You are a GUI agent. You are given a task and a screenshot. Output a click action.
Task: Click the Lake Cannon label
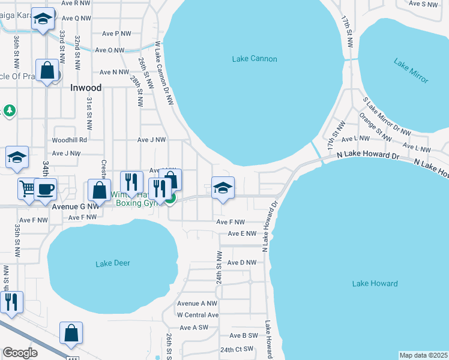255,59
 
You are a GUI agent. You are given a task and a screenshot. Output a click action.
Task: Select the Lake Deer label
113,263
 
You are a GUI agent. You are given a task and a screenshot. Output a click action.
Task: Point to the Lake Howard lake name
375,284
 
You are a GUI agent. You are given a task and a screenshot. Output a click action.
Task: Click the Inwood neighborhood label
86,88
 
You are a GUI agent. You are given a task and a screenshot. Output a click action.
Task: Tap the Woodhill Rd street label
70,140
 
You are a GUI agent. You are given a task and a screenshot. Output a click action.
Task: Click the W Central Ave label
197,314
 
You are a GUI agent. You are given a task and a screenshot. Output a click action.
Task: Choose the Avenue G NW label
75,206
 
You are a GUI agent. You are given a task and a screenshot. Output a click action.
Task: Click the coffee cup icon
46,190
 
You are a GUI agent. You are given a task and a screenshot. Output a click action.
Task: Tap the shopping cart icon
26,190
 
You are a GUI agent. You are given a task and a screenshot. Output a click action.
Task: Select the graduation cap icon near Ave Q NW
43,19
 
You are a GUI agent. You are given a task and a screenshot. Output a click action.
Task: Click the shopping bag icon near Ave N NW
47,70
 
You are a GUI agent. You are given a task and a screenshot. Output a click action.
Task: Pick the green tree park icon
9,110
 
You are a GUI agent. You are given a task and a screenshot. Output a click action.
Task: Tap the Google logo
20,353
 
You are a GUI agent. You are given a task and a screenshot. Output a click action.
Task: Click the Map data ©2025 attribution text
423,355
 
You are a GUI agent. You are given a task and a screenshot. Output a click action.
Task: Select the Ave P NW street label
116,34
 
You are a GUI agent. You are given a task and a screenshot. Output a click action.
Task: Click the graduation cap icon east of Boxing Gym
223,188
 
